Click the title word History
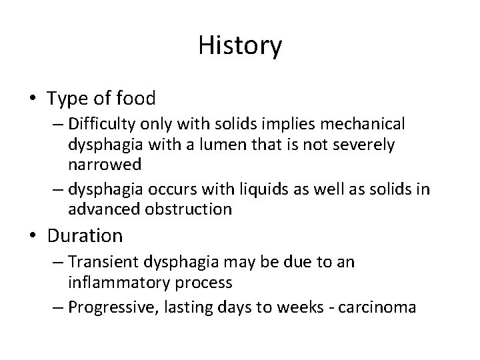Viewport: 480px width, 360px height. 240,47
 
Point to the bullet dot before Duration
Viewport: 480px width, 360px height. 33,236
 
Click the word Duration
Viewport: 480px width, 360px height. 85,235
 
